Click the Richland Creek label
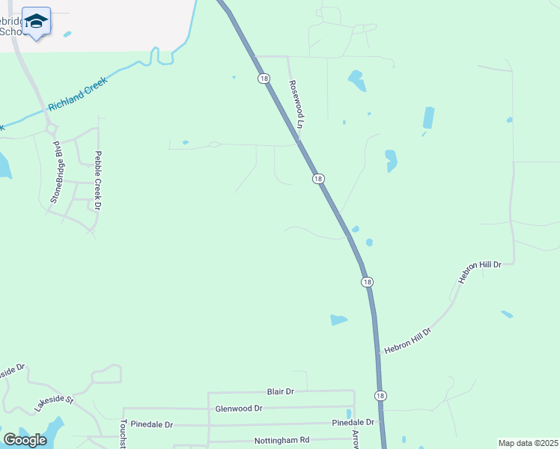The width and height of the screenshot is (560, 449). pyautogui.click(x=78, y=94)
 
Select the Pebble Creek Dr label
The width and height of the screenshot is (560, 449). pyautogui.click(x=97, y=180)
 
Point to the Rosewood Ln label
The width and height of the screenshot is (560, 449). pyautogui.click(x=295, y=105)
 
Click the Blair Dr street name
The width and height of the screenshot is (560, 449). pyautogui.click(x=281, y=391)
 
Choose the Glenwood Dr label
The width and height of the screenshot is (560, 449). pyautogui.click(x=238, y=409)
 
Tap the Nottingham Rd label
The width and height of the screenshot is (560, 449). pyautogui.click(x=281, y=441)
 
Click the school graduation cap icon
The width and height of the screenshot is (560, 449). pyautogui.click(x=36, y=20)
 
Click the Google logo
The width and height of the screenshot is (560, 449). pyautogui.click(x=25, y=440)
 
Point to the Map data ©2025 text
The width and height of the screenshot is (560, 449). pyautogui.click(x=528, y=443)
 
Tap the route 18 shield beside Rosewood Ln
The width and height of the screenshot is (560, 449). pyautogui.click(x=263, y=78)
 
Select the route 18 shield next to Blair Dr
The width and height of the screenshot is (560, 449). pyautogui.click(x=380, y=395)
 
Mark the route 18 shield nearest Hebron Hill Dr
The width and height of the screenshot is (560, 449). pyautogui.click(x=366, y=282)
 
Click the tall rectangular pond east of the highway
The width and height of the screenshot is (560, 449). pyautogui.click(x=428, y=117)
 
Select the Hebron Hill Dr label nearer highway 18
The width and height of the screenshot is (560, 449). pyautogui.click(x=408, y=341)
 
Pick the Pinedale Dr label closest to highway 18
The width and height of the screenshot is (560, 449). pyautogui.click(x=353, y=423)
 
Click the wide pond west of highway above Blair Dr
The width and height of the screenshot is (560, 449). pyautogui.click(x=338, y=320)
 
